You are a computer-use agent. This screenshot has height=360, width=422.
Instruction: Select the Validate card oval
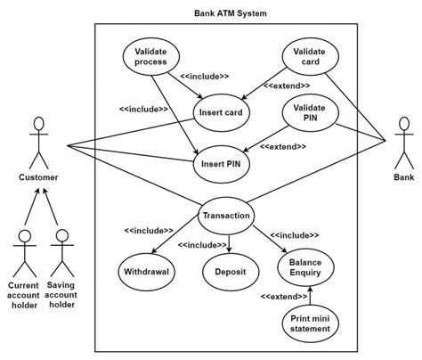(x=309, y=57)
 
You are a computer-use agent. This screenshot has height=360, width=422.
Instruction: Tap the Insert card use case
(x=223, y=113)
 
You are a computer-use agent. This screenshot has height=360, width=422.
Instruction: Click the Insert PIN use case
(x=223, y=163)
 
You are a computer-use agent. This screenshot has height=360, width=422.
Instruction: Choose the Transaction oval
(x=226, y=216)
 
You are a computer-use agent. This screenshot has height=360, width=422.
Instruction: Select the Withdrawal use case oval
(x=146, y=271)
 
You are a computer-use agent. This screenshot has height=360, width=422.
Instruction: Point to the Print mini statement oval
(x=310, y=323)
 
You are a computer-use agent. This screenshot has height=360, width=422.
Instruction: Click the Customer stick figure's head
(x=37, y=123)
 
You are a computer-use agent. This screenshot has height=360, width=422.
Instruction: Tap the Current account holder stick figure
(x=24, y=248)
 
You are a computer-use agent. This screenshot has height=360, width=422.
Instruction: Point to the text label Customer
(x=38, y=177)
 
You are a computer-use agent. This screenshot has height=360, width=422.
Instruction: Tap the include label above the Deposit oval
(x=203, y=244)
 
